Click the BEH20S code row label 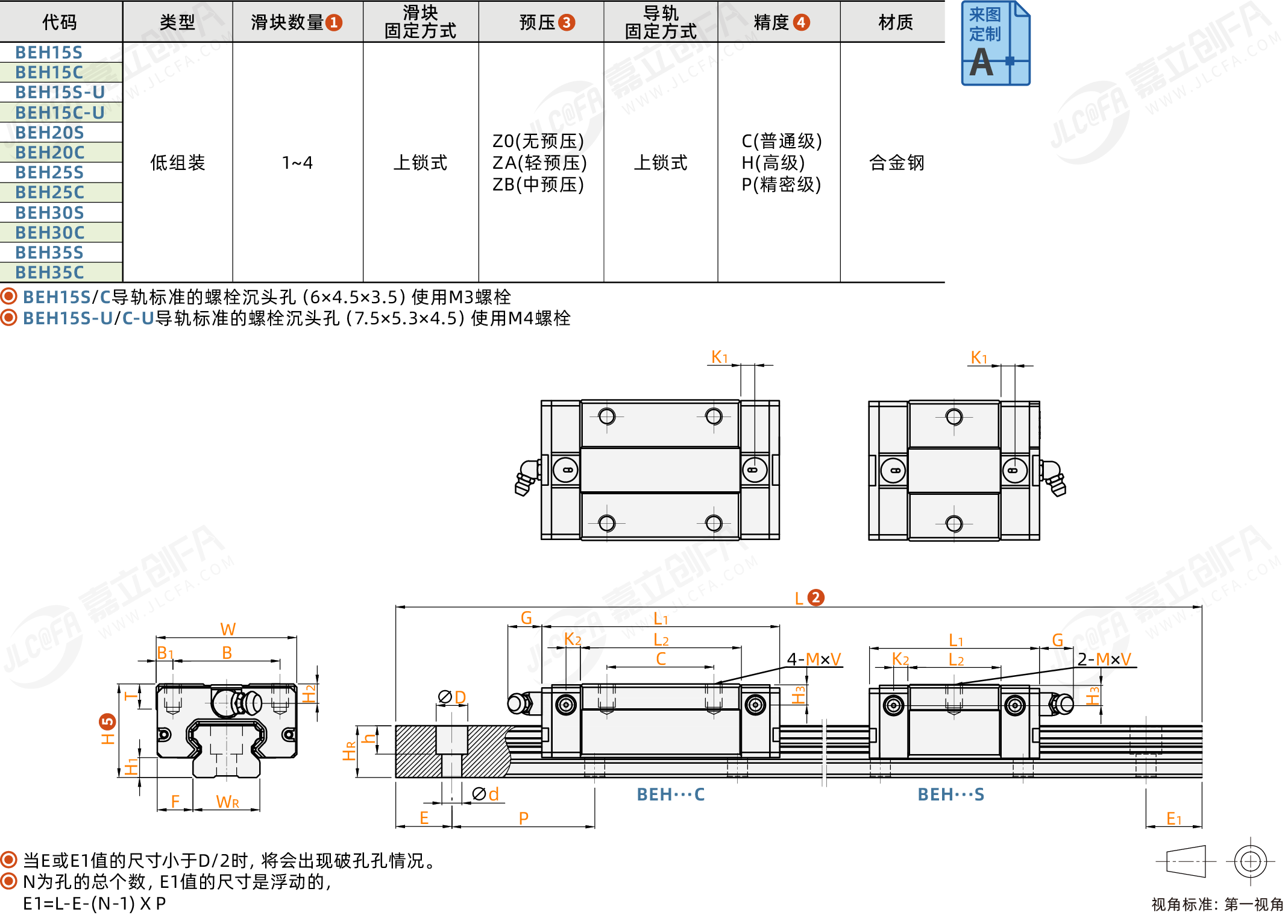(x=49, y=133)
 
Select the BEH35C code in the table (x=49, y=272)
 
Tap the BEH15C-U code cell (x=60, y=113)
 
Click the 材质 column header (x=896, y=22)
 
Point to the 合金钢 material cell (x=896, y=163)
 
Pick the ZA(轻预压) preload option (x=539, y=163)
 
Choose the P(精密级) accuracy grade (x=781, y=184)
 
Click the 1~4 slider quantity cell (x=297, y=163)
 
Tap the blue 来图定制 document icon (x=995, y=43)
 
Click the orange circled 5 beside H (x=107, y=722)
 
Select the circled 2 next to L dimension (x=815, y=597)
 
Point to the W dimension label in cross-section (x=228, y=629)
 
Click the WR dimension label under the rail (x=228, y=802)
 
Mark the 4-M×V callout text (x=814, y=659)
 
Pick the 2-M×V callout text (x=1104, y=659)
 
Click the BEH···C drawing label (x=671, y=794)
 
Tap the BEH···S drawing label (x=951, y=794)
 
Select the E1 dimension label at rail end (x=1174, y=819)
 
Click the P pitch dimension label (x=524, y=818)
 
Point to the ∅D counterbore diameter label (x=452, y=697)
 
